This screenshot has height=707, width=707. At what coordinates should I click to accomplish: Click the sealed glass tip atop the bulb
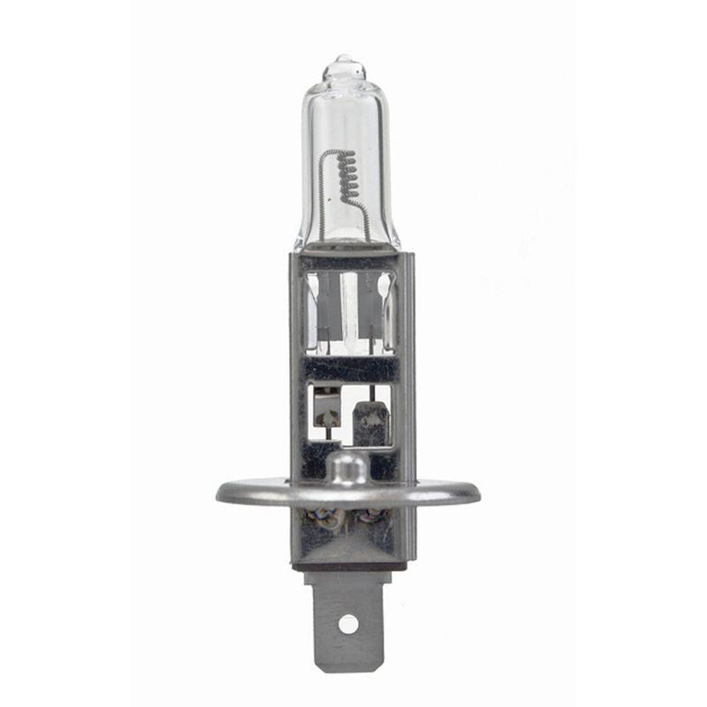click(x=344, y=65)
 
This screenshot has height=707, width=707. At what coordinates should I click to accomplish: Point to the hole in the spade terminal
click(x=348, y=623)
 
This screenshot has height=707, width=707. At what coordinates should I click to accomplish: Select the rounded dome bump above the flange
click(x=346, y=468)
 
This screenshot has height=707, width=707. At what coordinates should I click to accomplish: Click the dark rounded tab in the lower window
click(x=370, y=423)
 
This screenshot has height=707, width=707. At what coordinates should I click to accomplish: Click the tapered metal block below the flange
click(x=348, y=539)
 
